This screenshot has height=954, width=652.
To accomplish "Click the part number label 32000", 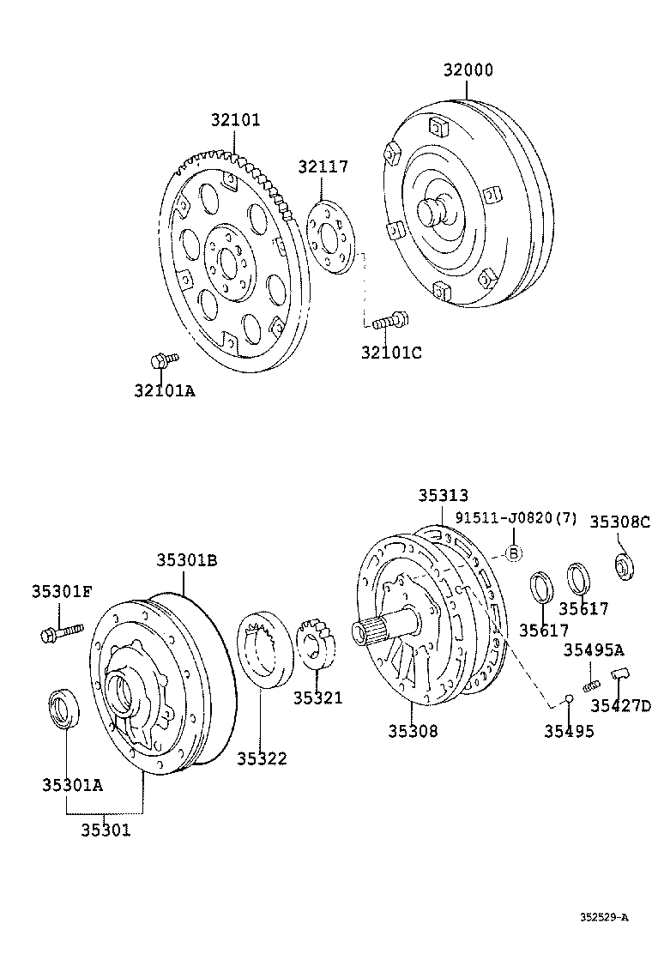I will coord(468,70).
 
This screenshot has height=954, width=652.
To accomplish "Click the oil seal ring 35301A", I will coord(63,708).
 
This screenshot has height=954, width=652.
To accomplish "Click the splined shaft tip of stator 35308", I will coord(371,633).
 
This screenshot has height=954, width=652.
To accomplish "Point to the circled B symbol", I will coord(512,553).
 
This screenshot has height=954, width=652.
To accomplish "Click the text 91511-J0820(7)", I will coord(516,517).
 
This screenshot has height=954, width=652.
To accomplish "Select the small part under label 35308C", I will coord(624,567).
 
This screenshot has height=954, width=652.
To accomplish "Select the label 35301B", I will coord(186,560).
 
